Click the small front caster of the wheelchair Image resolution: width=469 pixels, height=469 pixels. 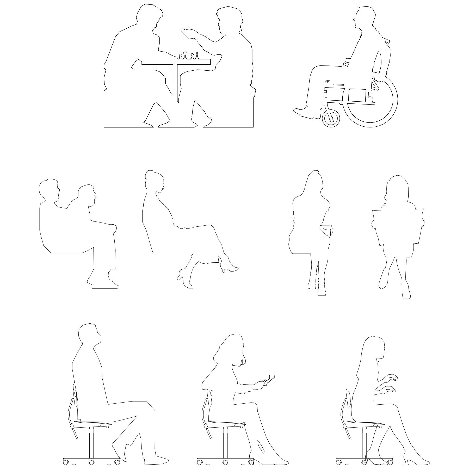(331, 118)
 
